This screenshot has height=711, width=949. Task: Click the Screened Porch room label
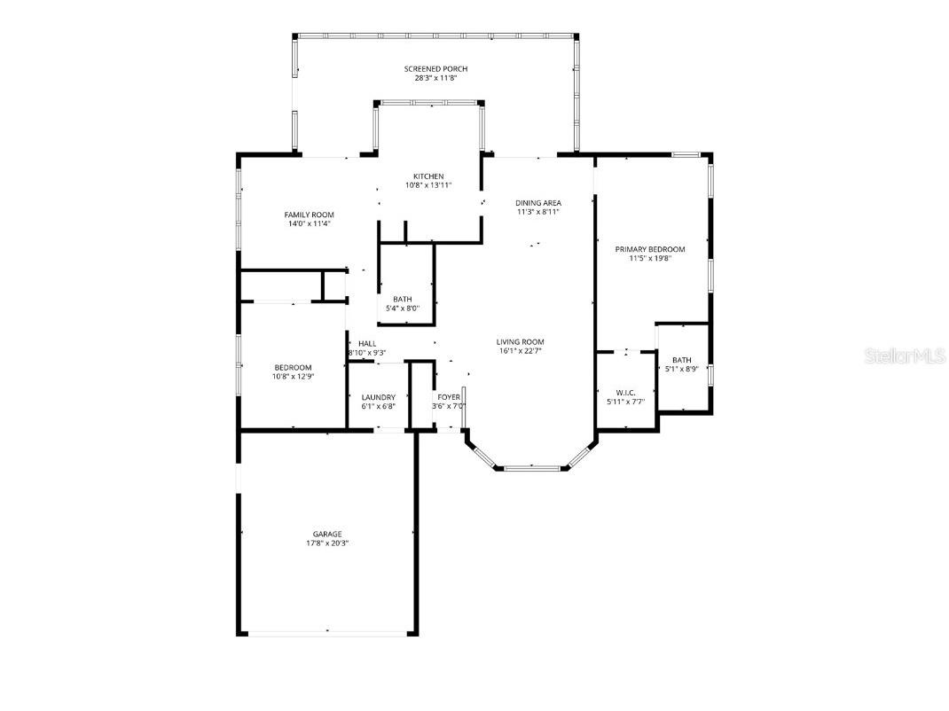(435, 69)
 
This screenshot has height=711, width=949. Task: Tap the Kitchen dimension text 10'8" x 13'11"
(428, 185)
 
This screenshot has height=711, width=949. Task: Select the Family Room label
(309, 215)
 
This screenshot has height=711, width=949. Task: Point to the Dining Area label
(538, 203)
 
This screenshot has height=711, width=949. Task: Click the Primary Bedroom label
(650, 249)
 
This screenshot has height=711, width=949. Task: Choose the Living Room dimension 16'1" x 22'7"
(520, 351)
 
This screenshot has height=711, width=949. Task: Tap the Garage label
(326, 534)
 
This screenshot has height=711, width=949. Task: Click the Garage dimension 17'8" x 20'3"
(326, 543)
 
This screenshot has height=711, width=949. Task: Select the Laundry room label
(379, 397)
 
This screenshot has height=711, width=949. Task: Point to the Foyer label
(448, 397)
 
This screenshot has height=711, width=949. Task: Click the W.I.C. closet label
(625, 392)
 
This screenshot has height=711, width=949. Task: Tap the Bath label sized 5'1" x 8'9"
(681, 360)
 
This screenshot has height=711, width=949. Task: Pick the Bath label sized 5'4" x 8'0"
(402, 299)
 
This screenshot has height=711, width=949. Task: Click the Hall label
(367, 343)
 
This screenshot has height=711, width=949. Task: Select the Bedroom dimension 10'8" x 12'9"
(293, 377)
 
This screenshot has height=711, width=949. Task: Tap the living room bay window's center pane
(530, 466)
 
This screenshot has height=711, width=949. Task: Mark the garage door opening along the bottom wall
(326, 632)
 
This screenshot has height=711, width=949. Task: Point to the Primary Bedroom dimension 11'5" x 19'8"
(650, 259)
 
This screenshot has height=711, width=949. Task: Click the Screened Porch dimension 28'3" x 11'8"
(435, 78)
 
